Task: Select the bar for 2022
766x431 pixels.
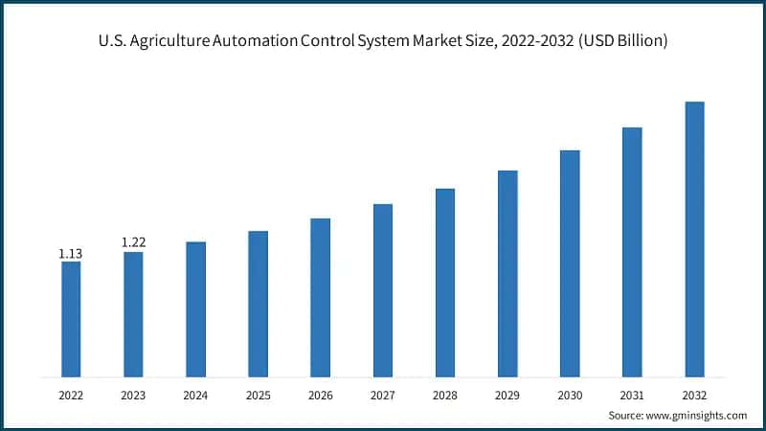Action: [71, 319]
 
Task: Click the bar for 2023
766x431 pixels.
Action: [133, 314]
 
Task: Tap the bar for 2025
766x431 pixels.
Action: [258, 304]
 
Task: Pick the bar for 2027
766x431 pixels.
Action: [382, 290]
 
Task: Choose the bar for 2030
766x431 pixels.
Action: [570, 263]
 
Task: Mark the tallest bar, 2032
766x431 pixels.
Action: [694, 238]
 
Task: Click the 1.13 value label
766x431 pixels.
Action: [71, 254]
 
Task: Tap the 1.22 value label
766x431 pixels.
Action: [133, 243]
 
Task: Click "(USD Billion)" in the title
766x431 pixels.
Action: [621, 41]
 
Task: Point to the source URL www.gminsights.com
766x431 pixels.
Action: [697, 415]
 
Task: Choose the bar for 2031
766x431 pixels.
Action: [632, 252]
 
